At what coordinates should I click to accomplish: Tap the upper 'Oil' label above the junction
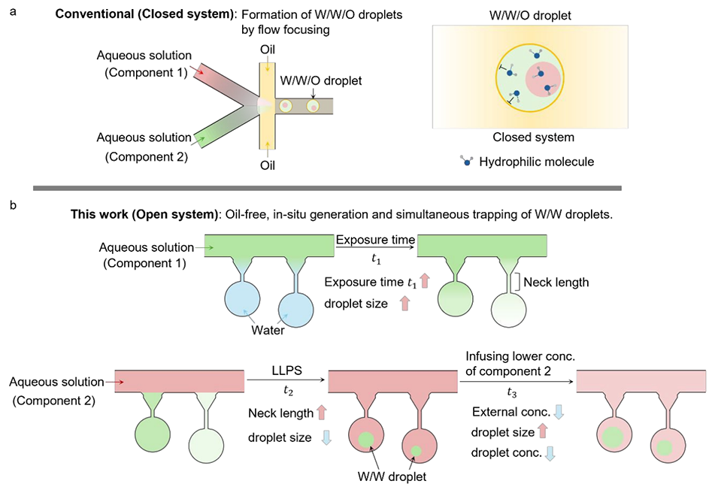pyautogui.click(x=266, y=52)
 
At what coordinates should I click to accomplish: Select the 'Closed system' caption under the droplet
pyautogui.click(x=533, y=137)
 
